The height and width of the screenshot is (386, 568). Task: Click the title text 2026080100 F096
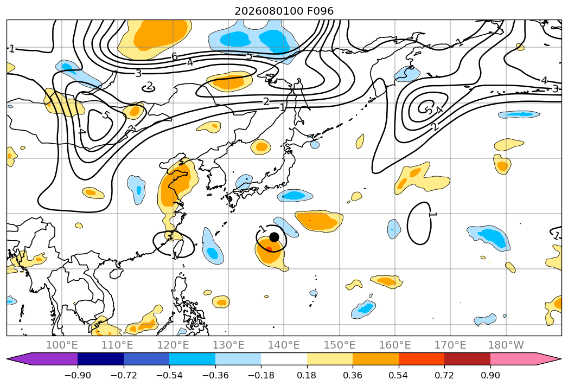284,11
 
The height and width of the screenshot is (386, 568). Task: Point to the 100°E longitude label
62,345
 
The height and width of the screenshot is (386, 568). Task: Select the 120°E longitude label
173,345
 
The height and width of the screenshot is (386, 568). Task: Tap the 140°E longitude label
284,345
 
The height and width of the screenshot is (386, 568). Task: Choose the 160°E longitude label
395,345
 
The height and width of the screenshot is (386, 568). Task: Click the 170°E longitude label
450,345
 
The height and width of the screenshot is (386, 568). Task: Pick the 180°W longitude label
506,345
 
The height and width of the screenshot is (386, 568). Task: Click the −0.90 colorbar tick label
78,376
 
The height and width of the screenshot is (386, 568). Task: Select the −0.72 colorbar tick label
124,376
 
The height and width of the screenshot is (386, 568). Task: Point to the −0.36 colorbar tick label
215,376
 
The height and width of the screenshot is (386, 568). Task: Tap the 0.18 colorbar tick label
307,376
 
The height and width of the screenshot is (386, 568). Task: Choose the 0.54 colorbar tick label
399,376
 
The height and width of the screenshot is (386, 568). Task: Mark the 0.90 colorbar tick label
490,376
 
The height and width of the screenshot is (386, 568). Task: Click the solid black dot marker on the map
274,237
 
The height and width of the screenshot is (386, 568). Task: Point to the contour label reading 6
175,57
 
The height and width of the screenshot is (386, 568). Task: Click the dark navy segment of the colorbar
101,359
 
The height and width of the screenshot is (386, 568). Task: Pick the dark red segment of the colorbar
467,359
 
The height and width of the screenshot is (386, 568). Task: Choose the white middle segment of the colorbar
284,359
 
